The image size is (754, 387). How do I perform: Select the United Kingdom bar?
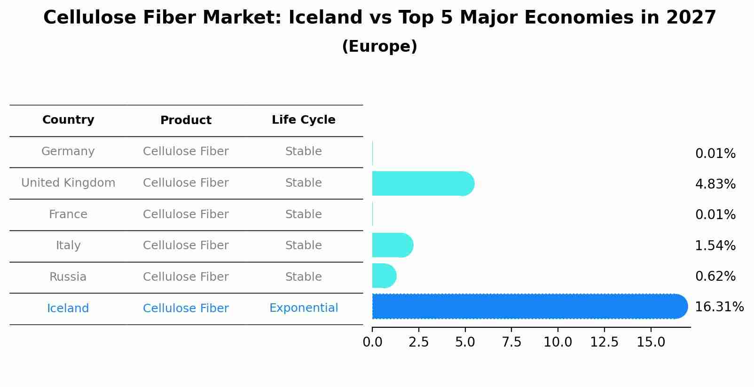423,183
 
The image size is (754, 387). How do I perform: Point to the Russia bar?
384,276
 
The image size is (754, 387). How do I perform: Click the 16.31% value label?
719,307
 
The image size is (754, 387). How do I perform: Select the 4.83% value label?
715,184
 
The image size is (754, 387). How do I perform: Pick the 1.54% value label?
715,246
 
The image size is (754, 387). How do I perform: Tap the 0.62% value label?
715,276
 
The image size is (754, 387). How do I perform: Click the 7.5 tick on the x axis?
511,342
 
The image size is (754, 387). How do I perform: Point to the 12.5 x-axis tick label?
604,342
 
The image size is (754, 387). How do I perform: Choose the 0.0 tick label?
372,342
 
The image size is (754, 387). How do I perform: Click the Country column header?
68,120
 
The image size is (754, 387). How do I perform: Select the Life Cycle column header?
303,120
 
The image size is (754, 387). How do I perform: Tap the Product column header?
186,120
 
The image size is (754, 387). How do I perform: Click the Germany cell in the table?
68,151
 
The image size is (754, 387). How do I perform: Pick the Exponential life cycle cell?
303,308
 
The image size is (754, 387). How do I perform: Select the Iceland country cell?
68,308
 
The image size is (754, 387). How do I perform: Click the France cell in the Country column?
68,214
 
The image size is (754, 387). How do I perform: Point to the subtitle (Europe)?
379,47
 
